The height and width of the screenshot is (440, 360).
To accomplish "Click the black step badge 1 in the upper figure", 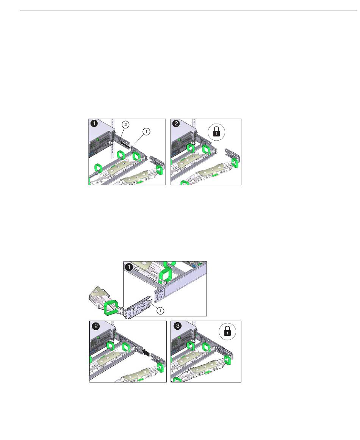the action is point(94,124).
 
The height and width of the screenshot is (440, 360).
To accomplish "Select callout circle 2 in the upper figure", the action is point(126,125).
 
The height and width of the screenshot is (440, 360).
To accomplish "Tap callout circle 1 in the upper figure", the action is point(146,131).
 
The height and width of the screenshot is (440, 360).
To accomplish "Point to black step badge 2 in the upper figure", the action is point(176,124).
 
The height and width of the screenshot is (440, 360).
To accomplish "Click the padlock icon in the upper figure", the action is point(216,132).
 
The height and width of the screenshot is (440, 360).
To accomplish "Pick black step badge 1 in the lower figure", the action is point(128,267).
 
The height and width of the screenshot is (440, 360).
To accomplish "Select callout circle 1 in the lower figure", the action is point(160,311).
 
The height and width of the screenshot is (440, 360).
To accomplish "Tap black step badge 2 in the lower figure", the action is point(96,326).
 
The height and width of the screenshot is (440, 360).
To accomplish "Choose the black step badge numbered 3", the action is point(178,326).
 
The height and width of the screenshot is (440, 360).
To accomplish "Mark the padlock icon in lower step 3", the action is point(228,332).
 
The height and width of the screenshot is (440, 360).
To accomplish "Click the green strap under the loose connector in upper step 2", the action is point(235,163).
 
